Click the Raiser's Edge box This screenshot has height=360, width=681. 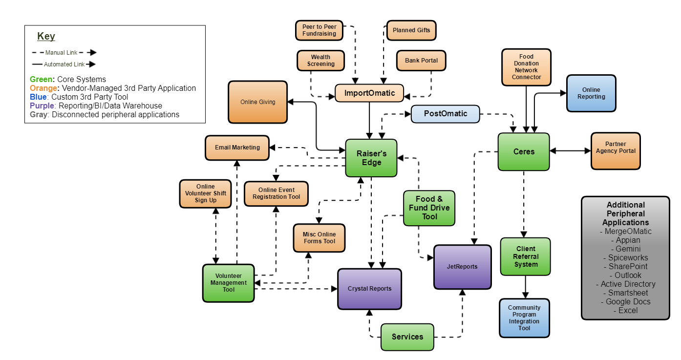pos(371,158)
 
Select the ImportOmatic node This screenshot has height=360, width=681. pos(369,93)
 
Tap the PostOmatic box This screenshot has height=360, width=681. pos(446,114)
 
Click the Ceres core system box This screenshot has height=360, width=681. pos(524,151)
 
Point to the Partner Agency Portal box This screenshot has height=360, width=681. pos(616,151)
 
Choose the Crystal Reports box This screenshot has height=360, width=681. pos(369,289)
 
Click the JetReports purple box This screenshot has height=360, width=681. pos(462,267)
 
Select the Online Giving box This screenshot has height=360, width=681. pos(258,102)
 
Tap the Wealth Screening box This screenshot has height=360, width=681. pos(321,61)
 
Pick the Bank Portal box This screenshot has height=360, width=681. pos(422,61)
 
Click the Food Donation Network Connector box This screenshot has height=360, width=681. pos(526,67)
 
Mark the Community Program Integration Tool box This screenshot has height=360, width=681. pos(525,318)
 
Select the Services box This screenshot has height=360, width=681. pos(407,337)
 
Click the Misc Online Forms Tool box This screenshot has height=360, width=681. pos(319,238)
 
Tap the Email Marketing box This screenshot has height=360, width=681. pos(237,148)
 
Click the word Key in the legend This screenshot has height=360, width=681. pos(46,36)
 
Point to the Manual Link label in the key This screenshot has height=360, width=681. pos(62,53)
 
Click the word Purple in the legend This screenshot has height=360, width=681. pos(42,106)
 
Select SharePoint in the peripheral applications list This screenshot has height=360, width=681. pos(628,266)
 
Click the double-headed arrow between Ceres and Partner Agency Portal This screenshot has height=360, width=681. pos(570,151)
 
